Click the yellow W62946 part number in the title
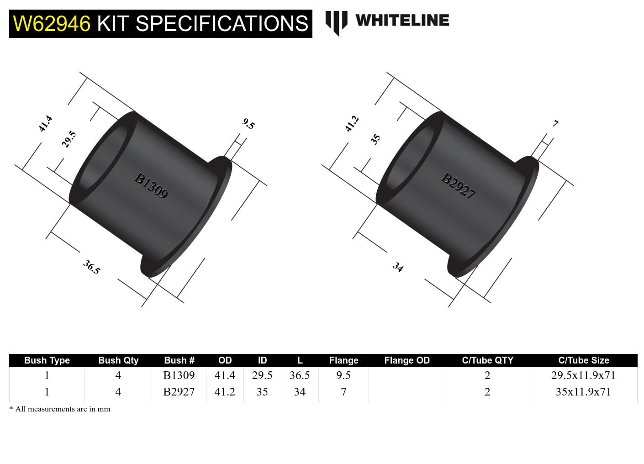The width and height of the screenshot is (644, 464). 52,24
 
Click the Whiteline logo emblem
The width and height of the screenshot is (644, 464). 336,22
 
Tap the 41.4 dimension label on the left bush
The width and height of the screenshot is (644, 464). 45,124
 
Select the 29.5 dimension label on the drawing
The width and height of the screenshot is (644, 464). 69,139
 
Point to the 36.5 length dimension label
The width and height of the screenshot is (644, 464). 91,267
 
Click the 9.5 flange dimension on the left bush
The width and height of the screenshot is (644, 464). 248,124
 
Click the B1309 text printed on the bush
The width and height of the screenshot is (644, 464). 151,185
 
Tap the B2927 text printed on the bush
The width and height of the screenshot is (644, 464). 458,185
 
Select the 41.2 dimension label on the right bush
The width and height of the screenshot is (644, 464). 352,124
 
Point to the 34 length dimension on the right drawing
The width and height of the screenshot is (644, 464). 398,267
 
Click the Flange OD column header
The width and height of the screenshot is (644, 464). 406,360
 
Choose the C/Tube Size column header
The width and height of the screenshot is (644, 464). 583,360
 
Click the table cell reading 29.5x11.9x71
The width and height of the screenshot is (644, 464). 583,375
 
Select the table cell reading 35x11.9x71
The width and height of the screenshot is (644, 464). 583,392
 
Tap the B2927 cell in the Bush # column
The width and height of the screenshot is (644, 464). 179,392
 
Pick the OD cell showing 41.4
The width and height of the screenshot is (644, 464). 225,375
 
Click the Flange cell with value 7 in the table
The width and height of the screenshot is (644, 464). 343,392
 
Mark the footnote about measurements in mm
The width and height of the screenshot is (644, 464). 60,409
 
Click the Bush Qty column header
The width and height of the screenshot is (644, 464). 118,360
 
